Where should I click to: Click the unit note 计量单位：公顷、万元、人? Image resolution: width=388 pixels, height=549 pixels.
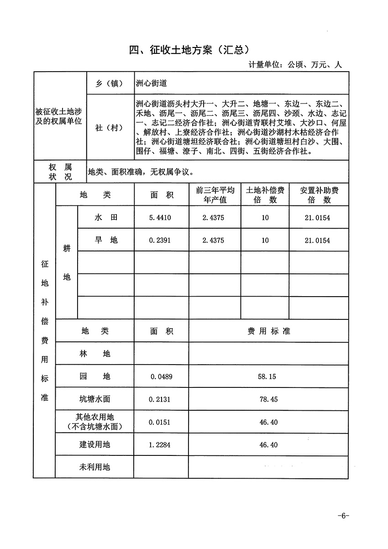295,65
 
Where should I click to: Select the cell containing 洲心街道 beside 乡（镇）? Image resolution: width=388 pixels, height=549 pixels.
152,83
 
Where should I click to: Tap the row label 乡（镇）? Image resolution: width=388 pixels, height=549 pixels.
109,84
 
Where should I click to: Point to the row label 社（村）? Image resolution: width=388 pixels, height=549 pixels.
109,128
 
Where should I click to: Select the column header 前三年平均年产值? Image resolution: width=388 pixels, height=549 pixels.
215,195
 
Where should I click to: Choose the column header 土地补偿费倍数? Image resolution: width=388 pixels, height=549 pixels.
265,195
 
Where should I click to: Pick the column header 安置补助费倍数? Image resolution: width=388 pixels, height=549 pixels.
319,195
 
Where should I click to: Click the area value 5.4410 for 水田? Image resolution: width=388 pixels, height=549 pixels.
160,218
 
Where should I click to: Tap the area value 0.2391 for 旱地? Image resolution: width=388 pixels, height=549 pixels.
160,241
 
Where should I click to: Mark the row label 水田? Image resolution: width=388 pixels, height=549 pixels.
106,218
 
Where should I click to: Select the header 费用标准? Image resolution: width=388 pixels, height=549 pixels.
268,331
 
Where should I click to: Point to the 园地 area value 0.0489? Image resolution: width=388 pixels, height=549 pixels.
160,377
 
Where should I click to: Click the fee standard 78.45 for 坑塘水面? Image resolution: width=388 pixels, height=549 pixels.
268,399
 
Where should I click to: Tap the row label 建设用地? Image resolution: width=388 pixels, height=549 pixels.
94,444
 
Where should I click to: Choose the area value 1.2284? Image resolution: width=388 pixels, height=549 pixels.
160,444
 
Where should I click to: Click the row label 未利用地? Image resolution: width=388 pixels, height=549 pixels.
94,467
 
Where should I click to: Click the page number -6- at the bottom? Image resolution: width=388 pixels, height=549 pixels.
343,516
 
